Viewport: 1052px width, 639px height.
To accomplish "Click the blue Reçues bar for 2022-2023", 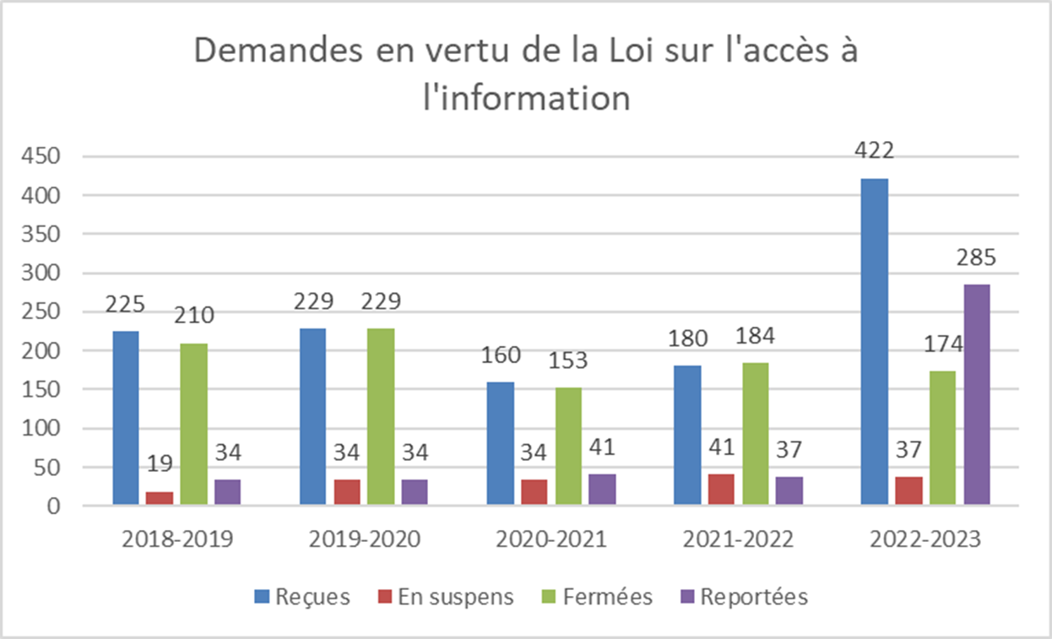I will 874,342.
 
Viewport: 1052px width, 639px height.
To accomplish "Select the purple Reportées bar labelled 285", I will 976,394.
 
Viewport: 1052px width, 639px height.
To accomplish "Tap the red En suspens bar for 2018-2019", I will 160,498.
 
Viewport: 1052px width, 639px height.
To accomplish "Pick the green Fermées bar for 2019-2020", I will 380,416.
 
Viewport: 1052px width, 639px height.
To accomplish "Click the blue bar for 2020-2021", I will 500,443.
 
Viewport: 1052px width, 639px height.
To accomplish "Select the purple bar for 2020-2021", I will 602,490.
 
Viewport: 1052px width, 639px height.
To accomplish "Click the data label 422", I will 874,152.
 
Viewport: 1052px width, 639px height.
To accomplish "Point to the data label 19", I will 159,464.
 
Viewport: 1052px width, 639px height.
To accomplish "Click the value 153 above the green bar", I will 567,360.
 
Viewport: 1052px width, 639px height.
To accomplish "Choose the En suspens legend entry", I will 445,597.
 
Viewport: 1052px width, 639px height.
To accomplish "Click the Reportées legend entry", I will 744,597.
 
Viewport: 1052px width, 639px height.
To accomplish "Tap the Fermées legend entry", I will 596,597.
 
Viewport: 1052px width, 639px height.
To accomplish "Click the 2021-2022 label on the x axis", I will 739,539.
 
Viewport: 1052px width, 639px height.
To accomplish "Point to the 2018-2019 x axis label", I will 176,539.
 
